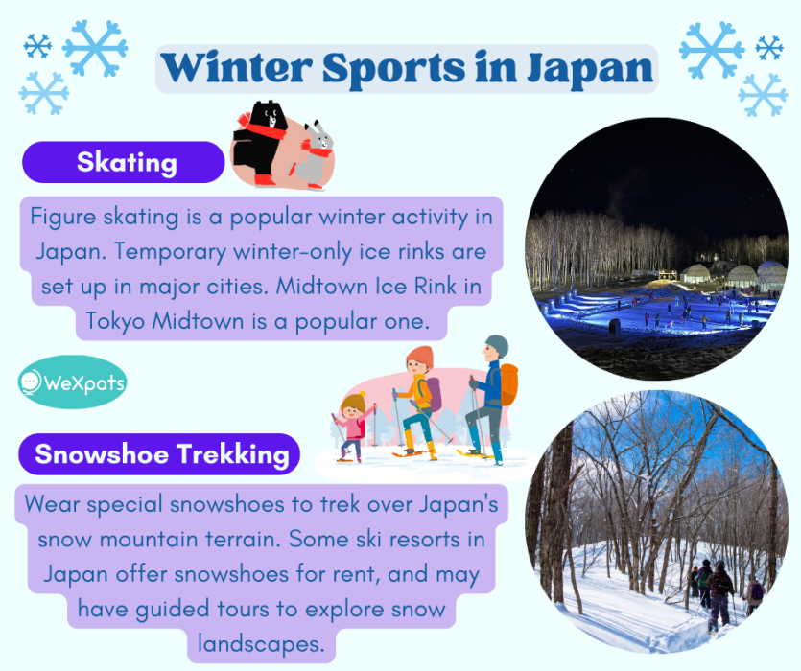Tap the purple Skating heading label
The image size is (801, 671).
[x=125, y=162]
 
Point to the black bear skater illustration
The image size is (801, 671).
[x=260, y=144]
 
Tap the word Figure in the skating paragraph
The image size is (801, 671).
[x=63, y=216]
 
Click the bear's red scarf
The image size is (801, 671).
[x=258, y=124]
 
